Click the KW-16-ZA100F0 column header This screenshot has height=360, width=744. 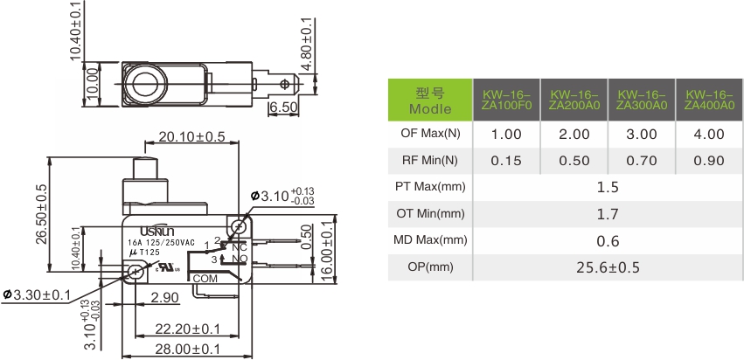click(506, 100)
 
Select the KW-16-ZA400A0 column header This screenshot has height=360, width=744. click(709, 100)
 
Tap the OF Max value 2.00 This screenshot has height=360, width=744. click(574, 135)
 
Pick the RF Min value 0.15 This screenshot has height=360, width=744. click(506, 161)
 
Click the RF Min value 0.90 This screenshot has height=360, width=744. click(709, 161)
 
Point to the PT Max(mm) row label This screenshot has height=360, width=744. click(430, 187)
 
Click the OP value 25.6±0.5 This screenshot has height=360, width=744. click(608, 268)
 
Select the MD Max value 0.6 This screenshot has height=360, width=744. click(608, 241)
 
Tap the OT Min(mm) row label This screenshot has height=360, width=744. click(430, 214)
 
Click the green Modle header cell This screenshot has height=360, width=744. click(430, 100)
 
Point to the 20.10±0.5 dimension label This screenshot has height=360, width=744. click(191, 136)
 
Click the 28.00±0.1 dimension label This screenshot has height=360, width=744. click(188, 350)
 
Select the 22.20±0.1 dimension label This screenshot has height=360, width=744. click(188, 329)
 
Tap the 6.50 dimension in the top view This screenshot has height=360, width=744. click(284, 107)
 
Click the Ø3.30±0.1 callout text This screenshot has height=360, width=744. click(37, 295)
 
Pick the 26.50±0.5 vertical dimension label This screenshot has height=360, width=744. click(42, 214)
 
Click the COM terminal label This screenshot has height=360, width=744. click(205, 279)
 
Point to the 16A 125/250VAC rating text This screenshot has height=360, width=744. click(161, 242)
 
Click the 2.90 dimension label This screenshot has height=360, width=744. click(164, 298)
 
